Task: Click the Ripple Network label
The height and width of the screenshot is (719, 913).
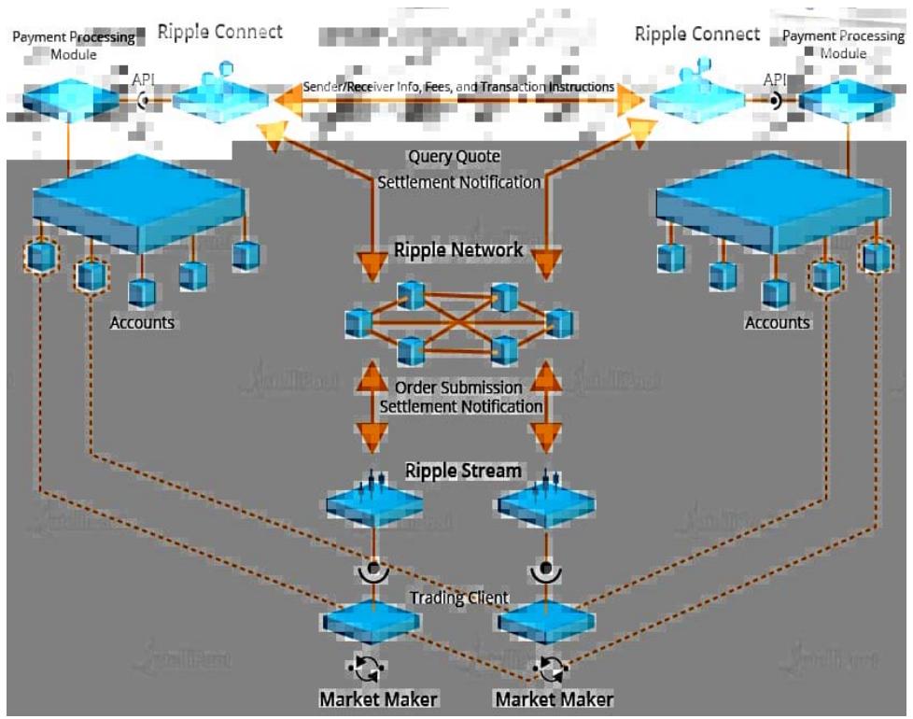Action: (458, 250)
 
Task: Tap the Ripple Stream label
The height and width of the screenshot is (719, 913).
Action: (463, 470)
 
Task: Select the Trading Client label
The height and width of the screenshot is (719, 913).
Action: (458, 598)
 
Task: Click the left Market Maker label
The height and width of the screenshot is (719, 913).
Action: (378, 698)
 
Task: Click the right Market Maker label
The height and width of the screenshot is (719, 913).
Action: (555, 698)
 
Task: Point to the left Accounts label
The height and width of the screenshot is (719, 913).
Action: (142, 322)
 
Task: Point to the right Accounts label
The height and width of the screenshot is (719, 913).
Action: (778, 322)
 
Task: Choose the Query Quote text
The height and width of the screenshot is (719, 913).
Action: (455, 156)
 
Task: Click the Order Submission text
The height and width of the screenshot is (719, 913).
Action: (458, 387)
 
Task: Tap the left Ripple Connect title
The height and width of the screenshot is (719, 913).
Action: (219, 32)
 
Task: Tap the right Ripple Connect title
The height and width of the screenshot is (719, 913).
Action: (697, 34)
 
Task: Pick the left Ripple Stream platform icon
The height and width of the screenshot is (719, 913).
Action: (373, 503)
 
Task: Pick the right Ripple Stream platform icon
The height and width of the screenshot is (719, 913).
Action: (546, 503)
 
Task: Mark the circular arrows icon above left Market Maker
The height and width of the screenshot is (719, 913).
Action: (367, 668)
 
